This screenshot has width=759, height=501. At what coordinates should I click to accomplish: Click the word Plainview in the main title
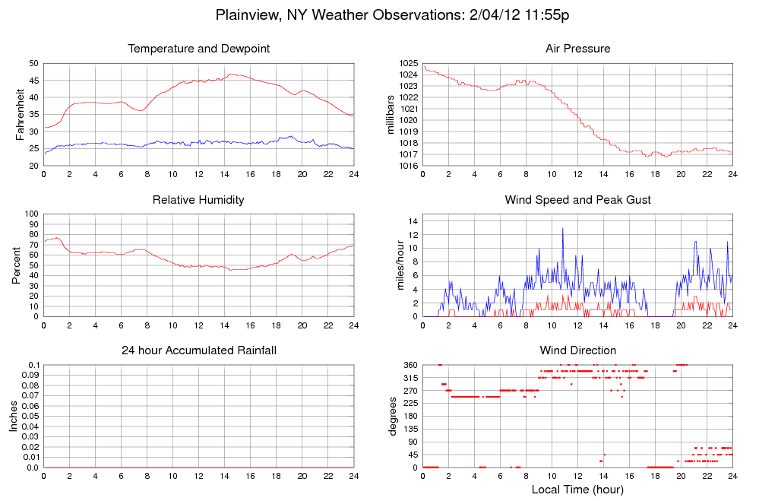(248, 14)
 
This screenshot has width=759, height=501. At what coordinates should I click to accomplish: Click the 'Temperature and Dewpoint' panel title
(198, 49)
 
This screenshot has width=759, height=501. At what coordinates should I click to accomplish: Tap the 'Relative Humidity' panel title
(198, 200)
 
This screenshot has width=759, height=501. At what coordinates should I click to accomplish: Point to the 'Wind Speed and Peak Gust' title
(577, 200)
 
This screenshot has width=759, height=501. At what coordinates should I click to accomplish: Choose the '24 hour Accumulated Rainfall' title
(198, 350)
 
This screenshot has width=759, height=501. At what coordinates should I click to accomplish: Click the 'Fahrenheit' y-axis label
(21, 114)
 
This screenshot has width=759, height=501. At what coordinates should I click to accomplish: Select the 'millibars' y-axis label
(391, 114)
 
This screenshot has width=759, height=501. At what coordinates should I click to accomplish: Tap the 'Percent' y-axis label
(16, 265)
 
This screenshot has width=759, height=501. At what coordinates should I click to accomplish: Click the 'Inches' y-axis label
(14, 416)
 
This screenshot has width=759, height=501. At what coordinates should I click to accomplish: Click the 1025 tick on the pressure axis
(408, 63)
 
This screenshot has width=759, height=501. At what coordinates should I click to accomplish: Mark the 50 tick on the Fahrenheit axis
(33, 63)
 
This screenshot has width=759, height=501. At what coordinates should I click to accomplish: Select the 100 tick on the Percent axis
(31, 214)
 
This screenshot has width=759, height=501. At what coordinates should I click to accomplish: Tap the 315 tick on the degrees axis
(410, 378)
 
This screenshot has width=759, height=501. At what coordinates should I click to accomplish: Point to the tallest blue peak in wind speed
(563, 229)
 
